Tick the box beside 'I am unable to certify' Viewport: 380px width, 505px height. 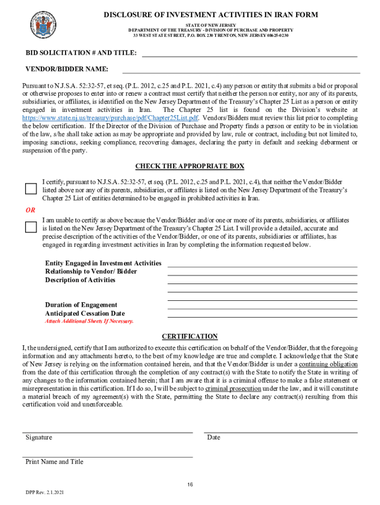31,227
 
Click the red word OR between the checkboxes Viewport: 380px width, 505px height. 31,210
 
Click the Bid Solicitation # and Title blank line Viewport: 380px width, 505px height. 249,56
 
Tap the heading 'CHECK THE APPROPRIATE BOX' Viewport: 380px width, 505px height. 190,166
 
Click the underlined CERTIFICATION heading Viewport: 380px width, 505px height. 190,336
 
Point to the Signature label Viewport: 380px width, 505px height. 38,437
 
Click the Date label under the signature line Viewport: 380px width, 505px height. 214,437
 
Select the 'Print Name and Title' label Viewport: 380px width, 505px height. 54,462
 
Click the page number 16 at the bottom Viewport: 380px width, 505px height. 190,485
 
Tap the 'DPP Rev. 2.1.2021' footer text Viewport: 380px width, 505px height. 44,493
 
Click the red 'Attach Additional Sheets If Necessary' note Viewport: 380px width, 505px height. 89,321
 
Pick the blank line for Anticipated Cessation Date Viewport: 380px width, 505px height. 262,317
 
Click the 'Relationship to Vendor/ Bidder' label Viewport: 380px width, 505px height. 91,272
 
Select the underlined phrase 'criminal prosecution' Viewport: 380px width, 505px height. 233,389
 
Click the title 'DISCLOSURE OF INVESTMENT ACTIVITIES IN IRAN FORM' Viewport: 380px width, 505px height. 211,15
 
